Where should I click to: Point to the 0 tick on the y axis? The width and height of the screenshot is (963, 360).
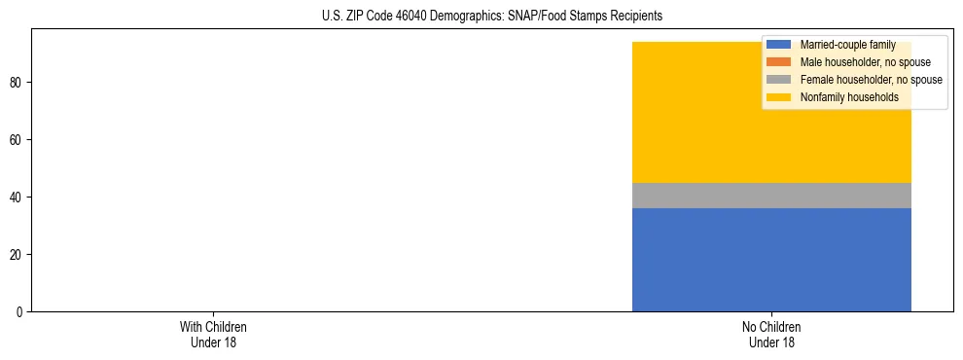click(x=20, y=311)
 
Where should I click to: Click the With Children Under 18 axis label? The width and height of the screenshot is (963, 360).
click(x=206, y=334)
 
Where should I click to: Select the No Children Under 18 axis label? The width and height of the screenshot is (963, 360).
click(x=771, y=334)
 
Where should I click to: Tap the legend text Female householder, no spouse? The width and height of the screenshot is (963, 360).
click(x=871, y=80)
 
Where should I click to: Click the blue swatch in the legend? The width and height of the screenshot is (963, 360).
click(x=778, y=46)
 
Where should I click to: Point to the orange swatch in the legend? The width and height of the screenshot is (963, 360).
click(x=778, y=62)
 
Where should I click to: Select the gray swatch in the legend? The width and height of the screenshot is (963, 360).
click(x=778, y=80)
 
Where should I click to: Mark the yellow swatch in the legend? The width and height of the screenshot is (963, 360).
click(x=778, y=97)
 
